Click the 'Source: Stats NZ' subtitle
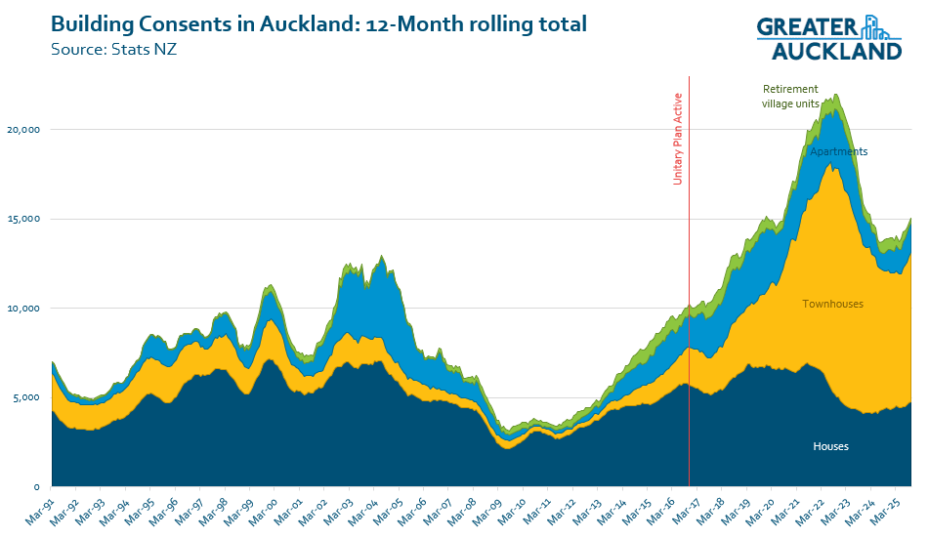point(113,46)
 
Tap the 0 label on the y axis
point(37,486)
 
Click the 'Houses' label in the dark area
point(830,446)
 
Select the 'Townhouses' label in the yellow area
point(832,304)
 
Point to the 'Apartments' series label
point(838,151)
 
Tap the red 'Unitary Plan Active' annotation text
point(678,139)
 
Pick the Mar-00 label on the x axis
point(261,510)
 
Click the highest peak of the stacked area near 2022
point(835,96)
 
